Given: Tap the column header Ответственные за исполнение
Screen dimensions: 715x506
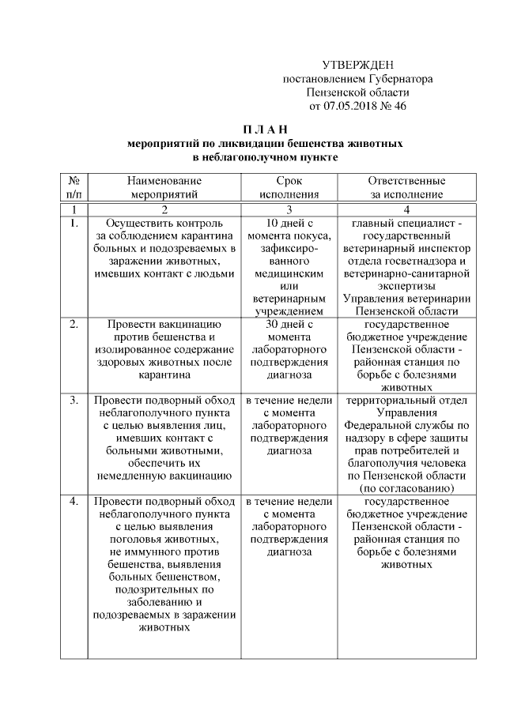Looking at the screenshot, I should (x=406, y=186).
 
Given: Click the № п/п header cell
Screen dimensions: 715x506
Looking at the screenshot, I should (x=73, y=186).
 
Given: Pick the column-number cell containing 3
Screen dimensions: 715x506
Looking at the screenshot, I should (x=289, y=209).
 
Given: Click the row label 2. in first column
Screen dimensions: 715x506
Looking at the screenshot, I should (x=73, y=324).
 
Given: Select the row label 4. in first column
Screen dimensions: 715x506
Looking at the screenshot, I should (x=73, y=502).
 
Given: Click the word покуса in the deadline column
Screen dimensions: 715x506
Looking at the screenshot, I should (x=308, y=235).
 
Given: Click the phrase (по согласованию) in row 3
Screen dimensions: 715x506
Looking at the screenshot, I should (x=406, y=489).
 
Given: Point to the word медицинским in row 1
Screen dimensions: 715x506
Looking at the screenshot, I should (x=289, y=273).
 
